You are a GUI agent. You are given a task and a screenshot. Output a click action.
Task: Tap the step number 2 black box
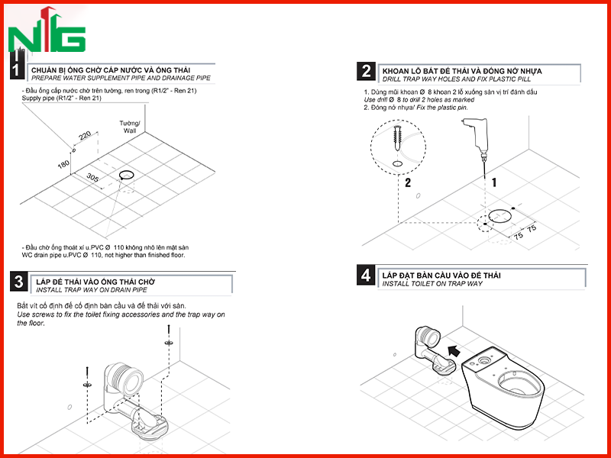point(366,72)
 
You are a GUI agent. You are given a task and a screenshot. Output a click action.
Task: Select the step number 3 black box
point(18,282)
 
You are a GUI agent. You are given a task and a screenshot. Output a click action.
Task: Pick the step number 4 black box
point(366,276)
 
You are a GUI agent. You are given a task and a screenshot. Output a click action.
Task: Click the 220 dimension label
point(85,136)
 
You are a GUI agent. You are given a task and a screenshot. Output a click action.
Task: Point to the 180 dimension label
point(63,165)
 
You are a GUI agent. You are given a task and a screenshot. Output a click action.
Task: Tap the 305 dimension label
point(92,178)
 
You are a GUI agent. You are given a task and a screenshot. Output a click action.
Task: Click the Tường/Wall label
point(130,127)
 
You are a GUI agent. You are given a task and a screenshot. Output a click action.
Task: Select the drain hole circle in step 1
point(127,175)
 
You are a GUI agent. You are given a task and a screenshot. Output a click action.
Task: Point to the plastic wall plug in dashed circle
point(397,138)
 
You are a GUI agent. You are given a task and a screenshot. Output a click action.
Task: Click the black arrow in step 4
point(454,351)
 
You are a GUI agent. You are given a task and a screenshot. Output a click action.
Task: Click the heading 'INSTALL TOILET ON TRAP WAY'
point(432,284)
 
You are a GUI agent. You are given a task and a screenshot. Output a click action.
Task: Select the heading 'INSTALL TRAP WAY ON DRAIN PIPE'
point(92,290)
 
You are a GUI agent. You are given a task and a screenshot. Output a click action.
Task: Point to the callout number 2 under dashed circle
point(408,182)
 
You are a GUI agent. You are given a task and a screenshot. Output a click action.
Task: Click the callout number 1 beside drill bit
point(494,182)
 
